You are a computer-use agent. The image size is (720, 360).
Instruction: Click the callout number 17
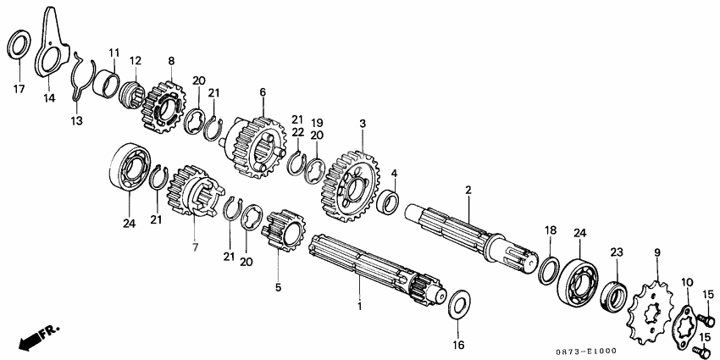tap(19, 89)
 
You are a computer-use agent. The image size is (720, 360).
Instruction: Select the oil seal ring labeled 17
tap(12, 45)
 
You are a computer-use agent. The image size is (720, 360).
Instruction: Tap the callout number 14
tap(49, 97)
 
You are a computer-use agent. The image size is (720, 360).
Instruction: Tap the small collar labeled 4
tap(388, 203)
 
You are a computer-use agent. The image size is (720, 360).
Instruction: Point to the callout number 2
tap(468, 190)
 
